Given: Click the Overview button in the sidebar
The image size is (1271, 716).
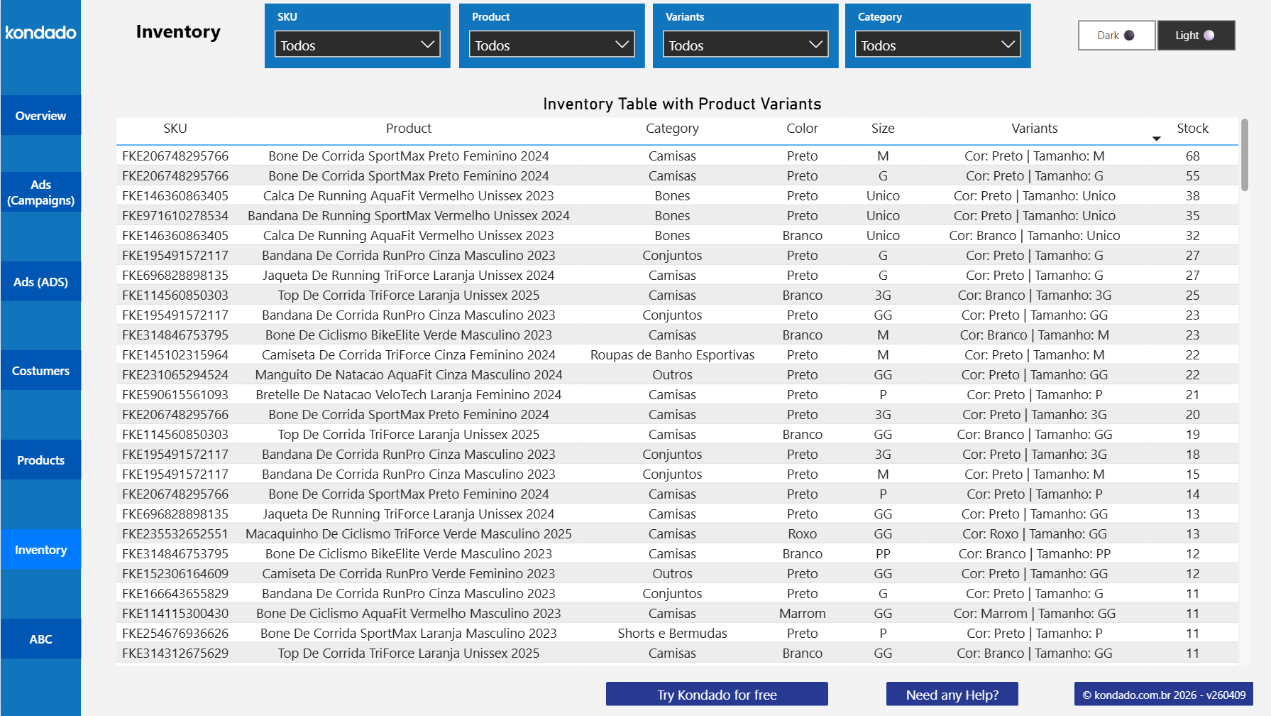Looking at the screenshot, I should tap(40, 116).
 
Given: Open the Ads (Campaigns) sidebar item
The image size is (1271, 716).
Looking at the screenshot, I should tap(40, 192).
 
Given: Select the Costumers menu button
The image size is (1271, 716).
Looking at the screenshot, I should tap(40, 371).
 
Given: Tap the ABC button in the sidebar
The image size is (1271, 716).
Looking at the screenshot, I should tap(40, 639).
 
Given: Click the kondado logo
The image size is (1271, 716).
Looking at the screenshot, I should tap(40, 33).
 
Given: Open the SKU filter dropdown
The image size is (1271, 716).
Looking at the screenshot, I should tap(357, 45).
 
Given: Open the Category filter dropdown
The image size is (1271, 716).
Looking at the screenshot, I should tap(937, 45).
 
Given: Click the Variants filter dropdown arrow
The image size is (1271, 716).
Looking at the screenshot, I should tap(815, 45).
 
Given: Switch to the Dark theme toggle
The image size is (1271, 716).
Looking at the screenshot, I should tap(1116, 36).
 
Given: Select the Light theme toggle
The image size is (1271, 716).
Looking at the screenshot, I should tap(1196, 36).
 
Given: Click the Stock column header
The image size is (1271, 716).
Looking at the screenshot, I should tap(1192, 129).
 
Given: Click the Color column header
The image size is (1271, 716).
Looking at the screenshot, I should tap(802, 129).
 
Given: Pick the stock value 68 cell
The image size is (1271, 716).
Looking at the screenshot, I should tap(1192, 156).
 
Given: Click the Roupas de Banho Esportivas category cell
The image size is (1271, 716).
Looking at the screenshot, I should tap(672, 355).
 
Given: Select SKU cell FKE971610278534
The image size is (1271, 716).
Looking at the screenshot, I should tap(175, 216).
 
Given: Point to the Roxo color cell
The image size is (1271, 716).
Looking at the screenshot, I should tap(802, 534).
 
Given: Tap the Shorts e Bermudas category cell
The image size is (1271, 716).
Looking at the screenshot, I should tap(672, 634).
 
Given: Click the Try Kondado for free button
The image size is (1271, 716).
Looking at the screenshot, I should tap(717, 695).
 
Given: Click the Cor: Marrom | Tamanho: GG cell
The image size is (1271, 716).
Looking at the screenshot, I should tap(1034, 614).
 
